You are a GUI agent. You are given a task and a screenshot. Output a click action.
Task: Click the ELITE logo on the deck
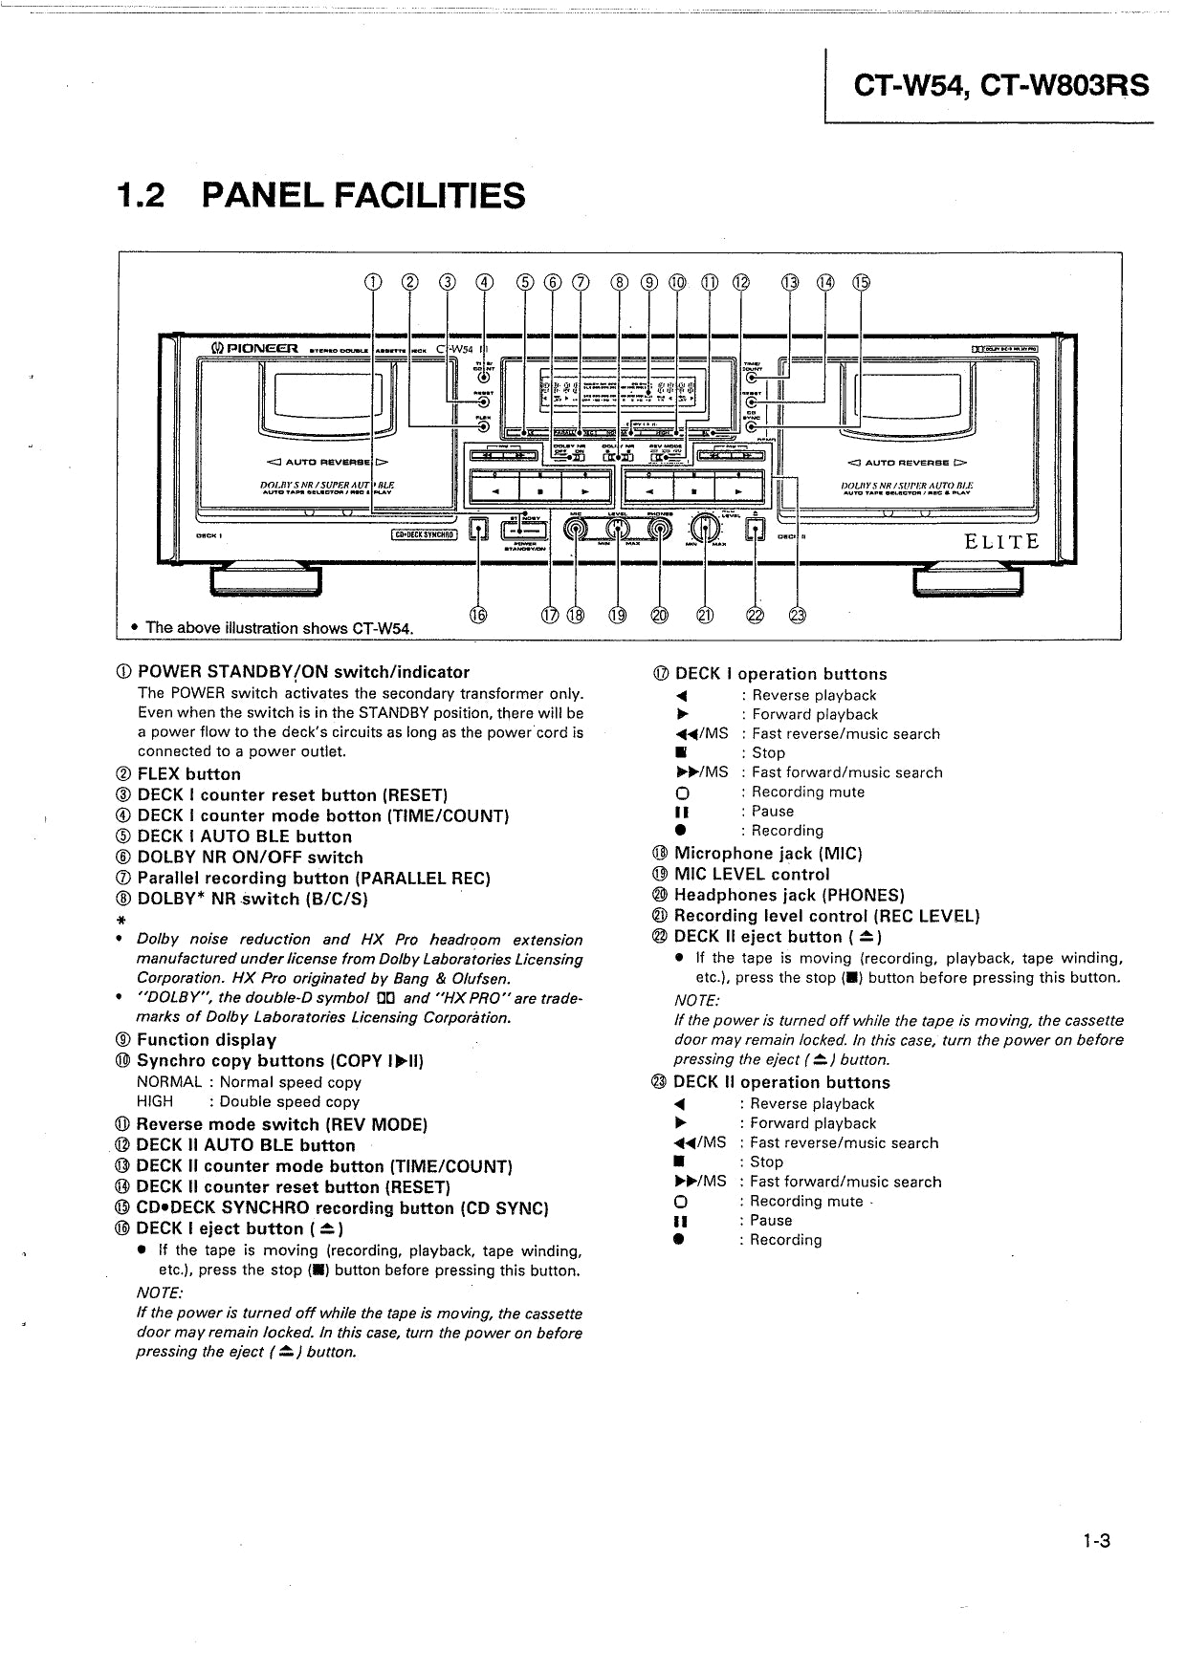[1000, 542]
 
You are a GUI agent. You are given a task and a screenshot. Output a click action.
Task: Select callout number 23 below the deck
[798, 616]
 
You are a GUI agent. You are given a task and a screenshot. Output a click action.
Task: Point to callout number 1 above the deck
[372, 281]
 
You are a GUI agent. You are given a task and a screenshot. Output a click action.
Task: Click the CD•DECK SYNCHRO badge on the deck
[426, 535]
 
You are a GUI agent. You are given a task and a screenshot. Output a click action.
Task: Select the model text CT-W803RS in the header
[1064, 87]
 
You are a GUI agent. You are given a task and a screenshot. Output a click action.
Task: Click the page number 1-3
[1096, 1568]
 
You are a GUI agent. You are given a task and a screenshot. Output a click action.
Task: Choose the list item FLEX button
[188, 774]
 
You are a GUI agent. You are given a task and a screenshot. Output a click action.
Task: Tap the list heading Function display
[207, 1040]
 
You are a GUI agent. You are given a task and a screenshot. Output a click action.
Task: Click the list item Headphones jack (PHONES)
[789, 896]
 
